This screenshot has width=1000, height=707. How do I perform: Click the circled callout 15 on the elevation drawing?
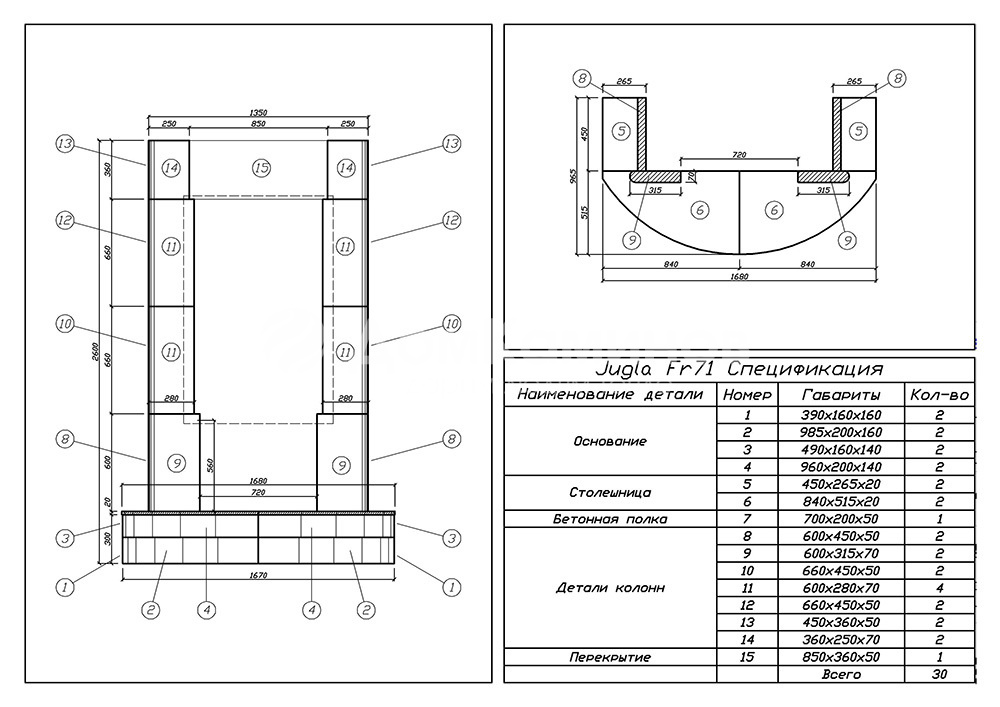click(x=261, y=168)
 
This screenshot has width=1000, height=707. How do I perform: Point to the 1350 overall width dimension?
click(x=258, y=114)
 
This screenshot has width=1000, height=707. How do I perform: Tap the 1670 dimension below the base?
click(x=258, y=576)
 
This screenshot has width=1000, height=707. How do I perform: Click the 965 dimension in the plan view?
click(x=574, y=174)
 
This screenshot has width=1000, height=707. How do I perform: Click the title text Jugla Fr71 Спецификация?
click(x=738, y=370)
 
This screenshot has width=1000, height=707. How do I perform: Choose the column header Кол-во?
click(x=939, y=395)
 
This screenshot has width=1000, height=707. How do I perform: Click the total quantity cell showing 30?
click(x=939, y=674)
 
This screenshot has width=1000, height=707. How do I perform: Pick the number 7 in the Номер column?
click(x=746, y=519)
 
